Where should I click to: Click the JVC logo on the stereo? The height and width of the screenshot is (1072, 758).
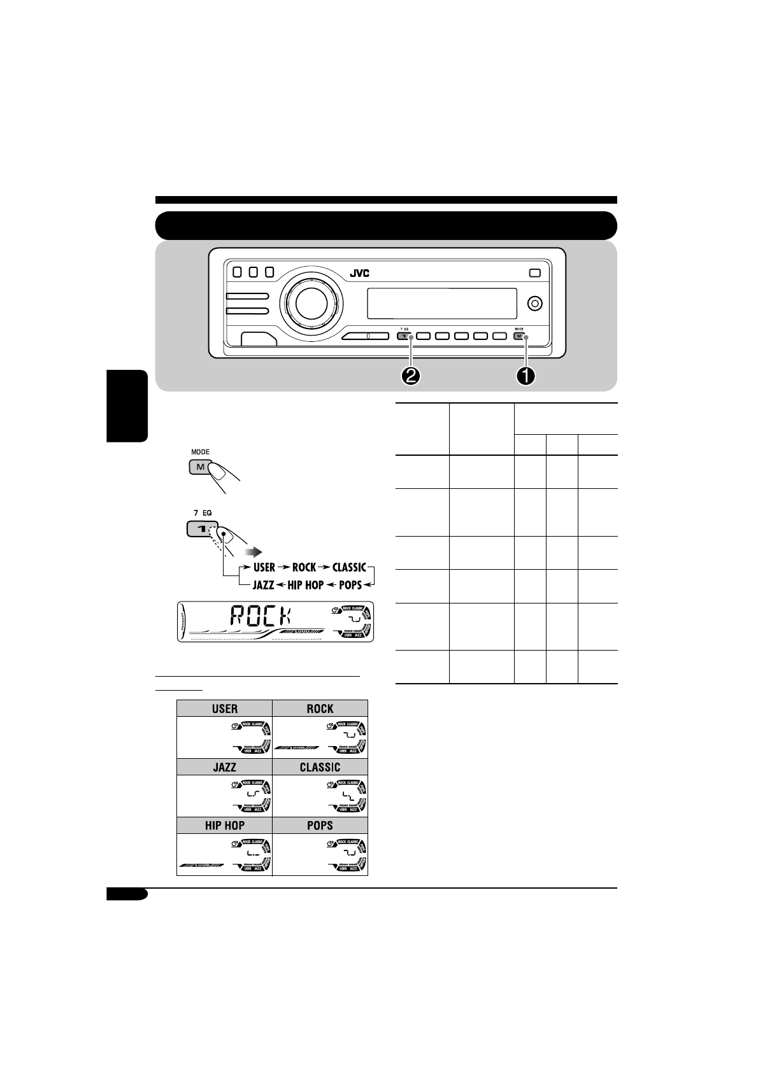(x=359, y=274)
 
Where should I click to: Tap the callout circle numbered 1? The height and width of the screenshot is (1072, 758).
(x=526, y=376)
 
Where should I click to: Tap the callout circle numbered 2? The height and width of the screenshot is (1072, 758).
(x=411, y=376)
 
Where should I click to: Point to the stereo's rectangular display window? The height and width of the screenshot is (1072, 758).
(x=441, y=303)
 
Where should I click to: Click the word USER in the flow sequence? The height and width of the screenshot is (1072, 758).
(x=264, y=567)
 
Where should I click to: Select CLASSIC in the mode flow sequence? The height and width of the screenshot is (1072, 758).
(x=348, y=567)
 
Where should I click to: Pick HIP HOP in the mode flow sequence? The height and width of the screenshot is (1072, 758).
(x=305, y=584)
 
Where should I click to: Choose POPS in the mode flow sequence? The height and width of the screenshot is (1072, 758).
(x=350, y=584)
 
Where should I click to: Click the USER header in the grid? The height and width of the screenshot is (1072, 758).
(x=224, y=709)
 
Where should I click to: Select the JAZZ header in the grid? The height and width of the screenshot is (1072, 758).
(x=224, y=767)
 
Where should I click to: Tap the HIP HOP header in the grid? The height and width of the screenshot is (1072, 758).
(x=224, y=825)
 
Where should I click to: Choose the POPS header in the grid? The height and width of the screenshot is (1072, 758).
(x=320, y=825)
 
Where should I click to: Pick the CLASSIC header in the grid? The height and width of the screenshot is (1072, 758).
(x=320, y=767)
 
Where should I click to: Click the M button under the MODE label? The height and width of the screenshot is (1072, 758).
(x=199, y=467)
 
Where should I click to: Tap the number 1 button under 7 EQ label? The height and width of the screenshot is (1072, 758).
(x=198, y=529)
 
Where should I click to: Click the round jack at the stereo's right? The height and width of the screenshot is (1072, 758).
(x=536, y=303)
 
